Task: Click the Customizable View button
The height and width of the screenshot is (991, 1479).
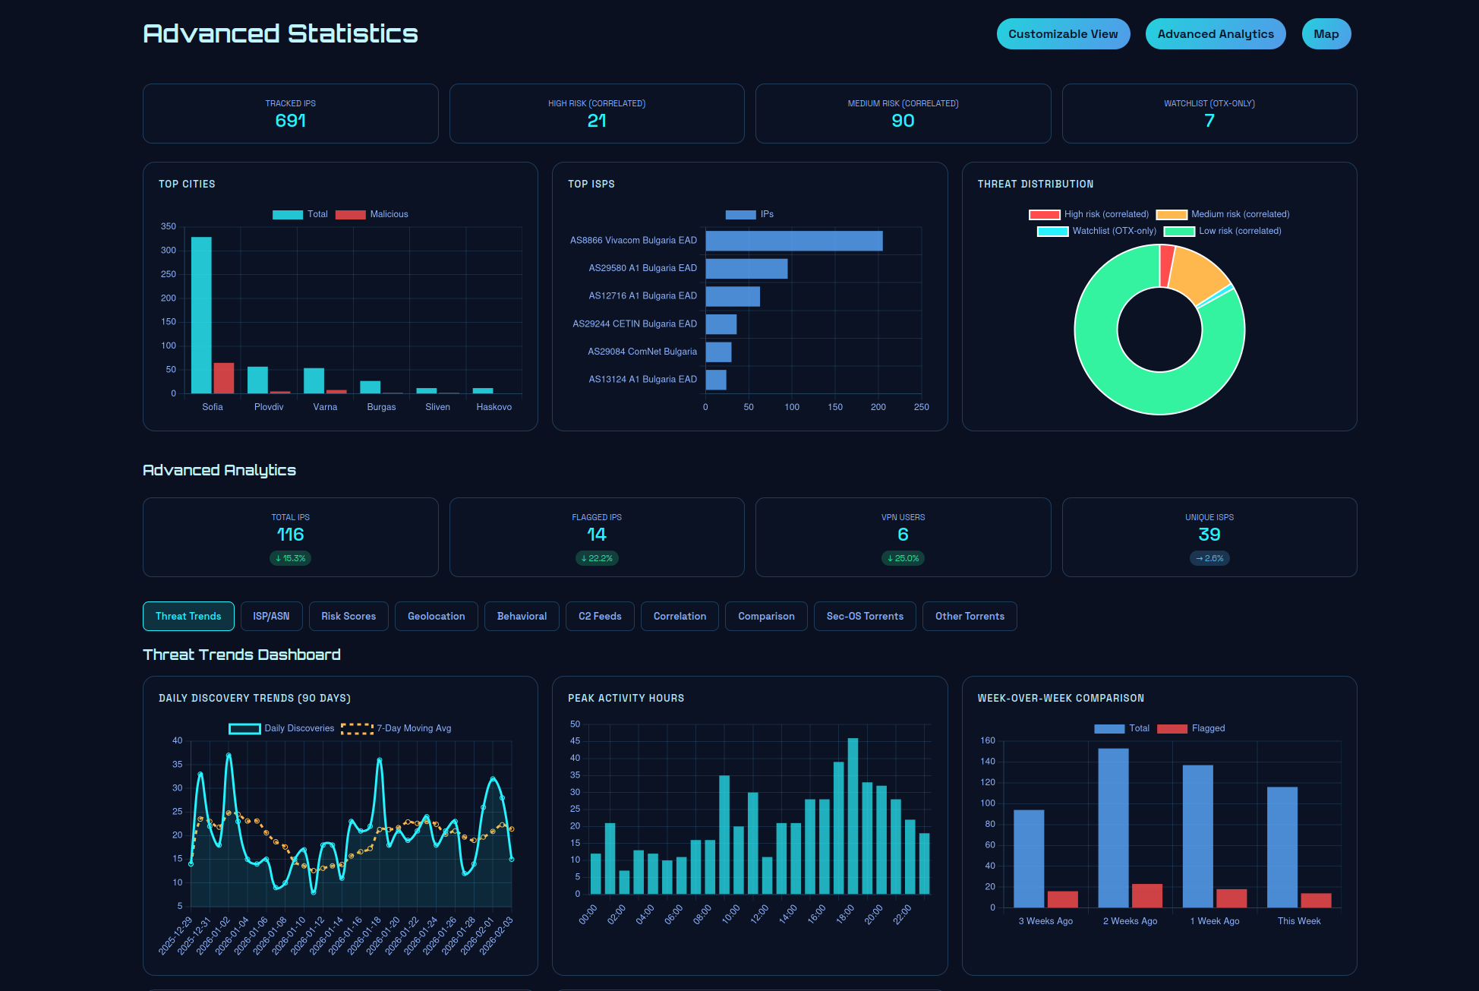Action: (1063, 34)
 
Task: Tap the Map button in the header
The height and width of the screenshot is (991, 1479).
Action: (1326, 34)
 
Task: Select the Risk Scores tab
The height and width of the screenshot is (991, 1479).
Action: (348, 616)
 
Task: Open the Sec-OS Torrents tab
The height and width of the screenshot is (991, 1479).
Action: (865, 616)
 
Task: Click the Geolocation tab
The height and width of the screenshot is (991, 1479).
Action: (436, 616)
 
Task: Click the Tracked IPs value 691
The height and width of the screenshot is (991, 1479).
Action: (290, 121)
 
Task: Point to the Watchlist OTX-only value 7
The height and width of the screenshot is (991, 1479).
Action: (1209, 121)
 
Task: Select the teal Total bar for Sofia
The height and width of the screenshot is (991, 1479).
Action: (201, 315)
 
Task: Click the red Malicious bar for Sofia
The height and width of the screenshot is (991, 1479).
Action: (224, 378)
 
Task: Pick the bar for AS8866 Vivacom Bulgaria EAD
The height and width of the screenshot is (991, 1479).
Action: (793, 241)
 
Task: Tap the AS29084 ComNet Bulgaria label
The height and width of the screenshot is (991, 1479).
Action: (642, 352)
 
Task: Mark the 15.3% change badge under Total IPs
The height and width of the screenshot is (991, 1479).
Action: (290, 558)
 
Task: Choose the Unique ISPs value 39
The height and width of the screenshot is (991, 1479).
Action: (1209, 535)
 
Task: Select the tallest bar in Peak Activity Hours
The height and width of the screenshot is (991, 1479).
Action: (853, 816)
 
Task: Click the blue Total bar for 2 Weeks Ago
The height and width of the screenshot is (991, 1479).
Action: (1113, 828)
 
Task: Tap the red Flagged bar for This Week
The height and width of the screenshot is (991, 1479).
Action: (1316, 901)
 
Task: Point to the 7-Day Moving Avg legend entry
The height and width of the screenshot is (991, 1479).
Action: (396, 728)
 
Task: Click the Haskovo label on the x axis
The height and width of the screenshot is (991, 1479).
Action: (494, 407)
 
